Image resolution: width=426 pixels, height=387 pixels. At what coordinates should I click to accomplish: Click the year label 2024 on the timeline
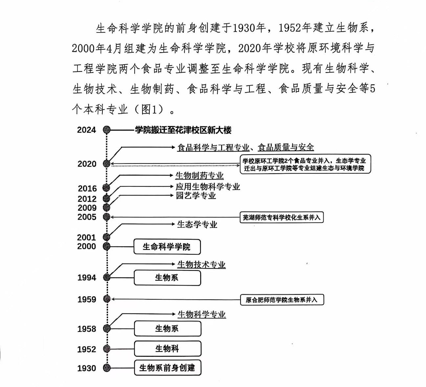[x=86, y=130]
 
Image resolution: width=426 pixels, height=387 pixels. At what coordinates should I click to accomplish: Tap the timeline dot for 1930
[x=107, y=368]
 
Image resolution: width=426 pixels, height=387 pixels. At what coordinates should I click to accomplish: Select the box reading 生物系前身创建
[x=168, y=368]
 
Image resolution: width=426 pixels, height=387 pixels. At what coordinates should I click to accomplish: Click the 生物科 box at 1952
[x=168, y=349]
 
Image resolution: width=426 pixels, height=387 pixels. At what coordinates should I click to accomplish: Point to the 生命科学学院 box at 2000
[x=167, y=247]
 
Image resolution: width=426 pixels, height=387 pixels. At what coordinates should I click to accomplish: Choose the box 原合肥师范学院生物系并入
[x=282, y=300]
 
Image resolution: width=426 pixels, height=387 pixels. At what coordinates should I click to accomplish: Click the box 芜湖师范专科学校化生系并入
[x=282, y=217]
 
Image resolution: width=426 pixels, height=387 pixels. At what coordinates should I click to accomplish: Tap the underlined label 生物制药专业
[x=200, y=176]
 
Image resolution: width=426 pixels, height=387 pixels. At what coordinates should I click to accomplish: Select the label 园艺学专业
[x=196, y=196]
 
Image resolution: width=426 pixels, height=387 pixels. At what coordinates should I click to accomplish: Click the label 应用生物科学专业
[x=208, y=187]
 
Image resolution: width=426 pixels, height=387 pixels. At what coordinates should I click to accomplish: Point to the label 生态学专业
[x=197, y=225]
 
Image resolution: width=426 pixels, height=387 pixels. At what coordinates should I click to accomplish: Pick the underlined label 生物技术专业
[x=201, y=265]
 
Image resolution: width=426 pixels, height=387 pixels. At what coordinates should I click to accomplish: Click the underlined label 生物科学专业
[x=202, y=314]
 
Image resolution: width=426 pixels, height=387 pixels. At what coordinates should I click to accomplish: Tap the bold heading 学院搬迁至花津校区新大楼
[x=183, y=130]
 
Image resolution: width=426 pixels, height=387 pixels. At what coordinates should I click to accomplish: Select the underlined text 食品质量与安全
[x=286, y=147]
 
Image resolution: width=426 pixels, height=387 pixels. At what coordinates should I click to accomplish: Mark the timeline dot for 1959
[x=107, y=299]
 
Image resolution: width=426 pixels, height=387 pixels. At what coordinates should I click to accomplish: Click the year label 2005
[x=87, y=217]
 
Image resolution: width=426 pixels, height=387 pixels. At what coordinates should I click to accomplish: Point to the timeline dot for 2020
[x=107, y=163]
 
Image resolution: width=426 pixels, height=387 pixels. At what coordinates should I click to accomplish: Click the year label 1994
[x=87, y=278]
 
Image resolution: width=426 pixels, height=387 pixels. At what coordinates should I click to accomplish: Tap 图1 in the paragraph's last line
[x=150, y=110]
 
